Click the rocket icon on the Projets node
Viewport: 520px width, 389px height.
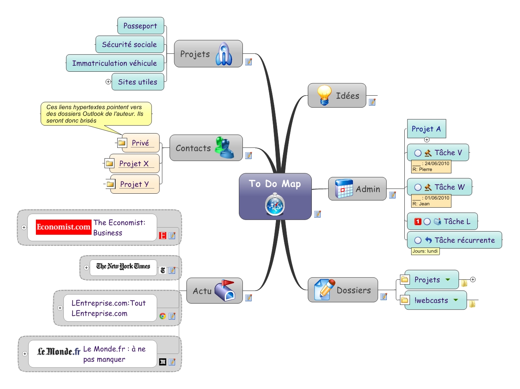[x=224, y=54]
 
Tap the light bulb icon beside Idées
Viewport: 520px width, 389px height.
[x=324, y=95]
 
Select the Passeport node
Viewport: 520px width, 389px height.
[x=140, y=26]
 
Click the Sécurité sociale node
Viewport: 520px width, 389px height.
[x=130, y=45]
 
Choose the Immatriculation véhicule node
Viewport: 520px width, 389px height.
[x=114, y=63]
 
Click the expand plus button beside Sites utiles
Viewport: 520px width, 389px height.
[x=108, y=82]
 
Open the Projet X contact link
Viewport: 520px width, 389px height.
[x=134, y=164]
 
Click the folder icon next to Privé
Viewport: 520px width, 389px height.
[x=122, y=143]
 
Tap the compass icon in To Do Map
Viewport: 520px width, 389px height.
[x=275, y=204]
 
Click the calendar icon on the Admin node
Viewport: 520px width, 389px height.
[x=344, y=189]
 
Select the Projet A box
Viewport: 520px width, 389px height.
[x=426, y=129]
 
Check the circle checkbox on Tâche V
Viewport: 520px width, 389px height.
[x=418, y=153]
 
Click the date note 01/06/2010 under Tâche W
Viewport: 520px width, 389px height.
[x=431, y=200]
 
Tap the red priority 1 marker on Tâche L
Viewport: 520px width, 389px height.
[x=418, y=222]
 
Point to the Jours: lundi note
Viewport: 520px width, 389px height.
[x=425, y=251]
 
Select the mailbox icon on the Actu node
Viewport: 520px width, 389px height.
[x=225, y=290]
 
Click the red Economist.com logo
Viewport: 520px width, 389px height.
[x=63, y=227]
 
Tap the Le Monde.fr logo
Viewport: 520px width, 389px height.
[x=59, y=352]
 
